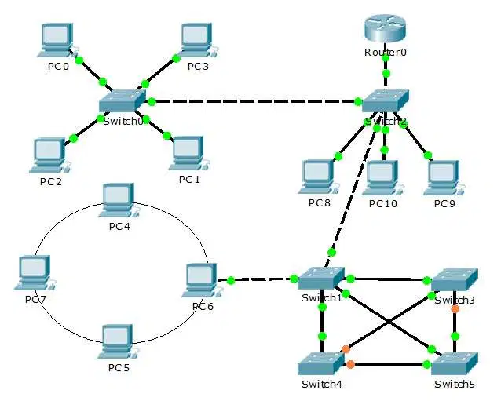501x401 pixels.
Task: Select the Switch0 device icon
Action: (123, 100)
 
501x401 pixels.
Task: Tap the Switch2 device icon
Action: (386, 101)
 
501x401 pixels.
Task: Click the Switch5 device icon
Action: (455, 363)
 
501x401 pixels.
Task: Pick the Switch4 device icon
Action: (321, 363)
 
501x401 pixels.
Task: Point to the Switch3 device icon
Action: (455, 279)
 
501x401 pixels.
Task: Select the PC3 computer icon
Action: (198, 40)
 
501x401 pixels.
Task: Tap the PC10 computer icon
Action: (382, 178)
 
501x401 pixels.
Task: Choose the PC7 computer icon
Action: (35, 272)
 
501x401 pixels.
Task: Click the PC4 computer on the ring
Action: (119, 201)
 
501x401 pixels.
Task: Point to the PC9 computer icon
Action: (444, 178)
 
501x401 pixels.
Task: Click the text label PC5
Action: (119, 368)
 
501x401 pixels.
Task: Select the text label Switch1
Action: (322, 298)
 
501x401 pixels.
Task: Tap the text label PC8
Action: (319, 203)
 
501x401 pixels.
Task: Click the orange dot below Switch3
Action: (455, 309)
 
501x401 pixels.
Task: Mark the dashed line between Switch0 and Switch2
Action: (254, 101)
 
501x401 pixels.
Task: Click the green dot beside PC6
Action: (231, 281)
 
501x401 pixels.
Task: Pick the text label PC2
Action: (51, 181)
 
